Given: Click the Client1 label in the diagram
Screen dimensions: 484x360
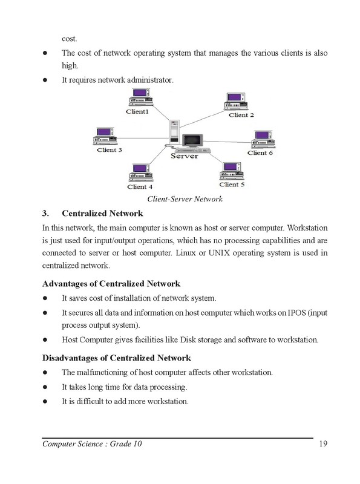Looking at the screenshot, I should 137,111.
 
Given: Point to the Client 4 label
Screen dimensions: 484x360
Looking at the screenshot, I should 140,186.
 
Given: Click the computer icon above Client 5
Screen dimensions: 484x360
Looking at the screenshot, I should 231,171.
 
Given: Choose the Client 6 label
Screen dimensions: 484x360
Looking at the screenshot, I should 260,153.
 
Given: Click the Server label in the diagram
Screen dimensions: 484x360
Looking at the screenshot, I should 185,155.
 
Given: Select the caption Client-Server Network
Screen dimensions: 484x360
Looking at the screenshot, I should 185,199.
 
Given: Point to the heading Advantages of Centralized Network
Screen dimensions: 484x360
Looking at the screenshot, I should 111,284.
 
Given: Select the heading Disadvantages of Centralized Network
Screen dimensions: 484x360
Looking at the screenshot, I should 117,358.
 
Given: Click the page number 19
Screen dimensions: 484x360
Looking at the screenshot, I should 322,445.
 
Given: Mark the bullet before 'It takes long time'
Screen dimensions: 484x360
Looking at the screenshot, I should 45,386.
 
